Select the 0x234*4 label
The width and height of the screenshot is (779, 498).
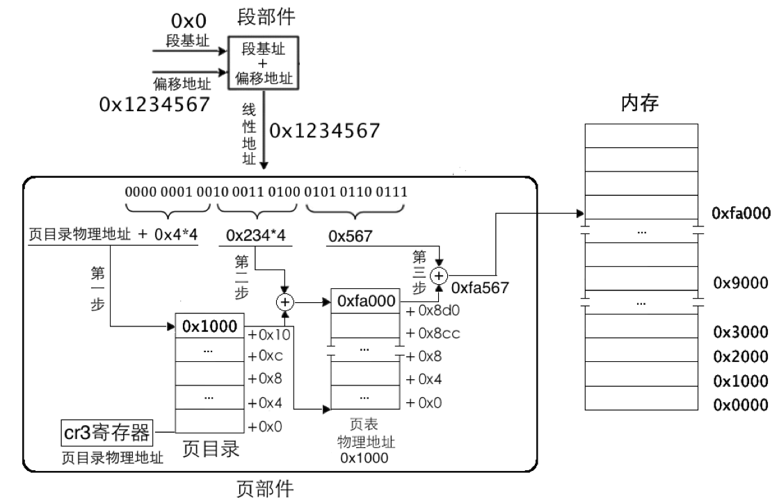click(255, 235)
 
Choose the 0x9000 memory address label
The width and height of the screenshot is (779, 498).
click(740, 283)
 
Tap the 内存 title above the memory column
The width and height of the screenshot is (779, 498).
click(640, 103)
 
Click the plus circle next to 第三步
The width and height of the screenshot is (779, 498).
click(438, 276)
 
